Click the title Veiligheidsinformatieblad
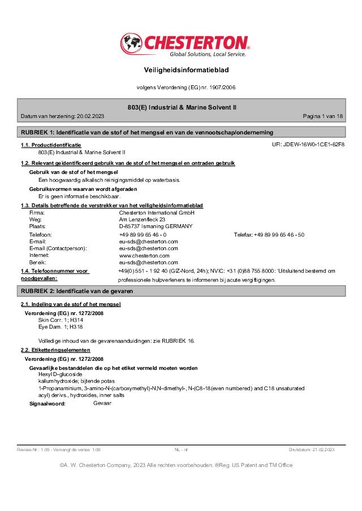pos(181,69)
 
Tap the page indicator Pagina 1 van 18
pos(322,116)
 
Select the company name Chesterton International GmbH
pos(157,213)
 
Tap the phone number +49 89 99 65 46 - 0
pos(143,234)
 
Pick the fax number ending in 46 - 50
pos(279,234)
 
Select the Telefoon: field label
pos(41,234)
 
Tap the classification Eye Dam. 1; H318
pos(61,326)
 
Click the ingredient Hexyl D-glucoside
pos(60,374)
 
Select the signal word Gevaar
pos(102,403)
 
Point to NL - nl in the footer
pos(181,449)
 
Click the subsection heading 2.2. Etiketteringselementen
pos(55,350)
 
